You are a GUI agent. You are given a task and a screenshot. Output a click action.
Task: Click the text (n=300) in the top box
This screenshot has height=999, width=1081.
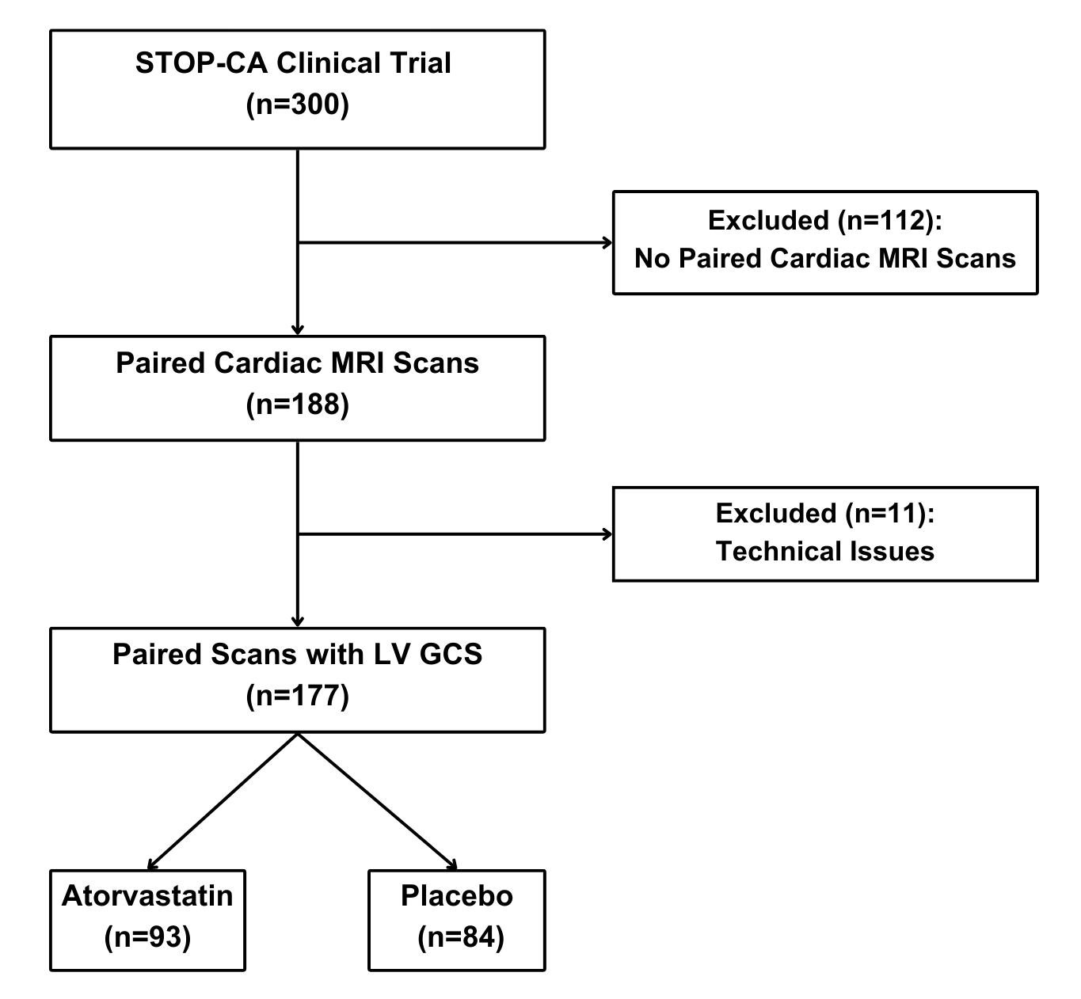coord(297,104)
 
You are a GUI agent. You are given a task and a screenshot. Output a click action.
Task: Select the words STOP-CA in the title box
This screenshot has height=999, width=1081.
coord(201,63)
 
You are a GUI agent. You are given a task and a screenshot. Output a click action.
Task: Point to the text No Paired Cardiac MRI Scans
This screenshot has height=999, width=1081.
coord(825,258)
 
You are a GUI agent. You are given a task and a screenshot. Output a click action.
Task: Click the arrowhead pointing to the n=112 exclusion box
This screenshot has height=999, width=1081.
coord(608,243)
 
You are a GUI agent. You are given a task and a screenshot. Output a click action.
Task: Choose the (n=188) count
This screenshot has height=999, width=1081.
coord(297,405)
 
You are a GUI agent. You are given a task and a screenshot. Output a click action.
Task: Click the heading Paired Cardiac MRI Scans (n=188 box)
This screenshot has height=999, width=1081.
coord(297,363)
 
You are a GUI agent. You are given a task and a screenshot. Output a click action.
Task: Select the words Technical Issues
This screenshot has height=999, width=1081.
coord(825,551)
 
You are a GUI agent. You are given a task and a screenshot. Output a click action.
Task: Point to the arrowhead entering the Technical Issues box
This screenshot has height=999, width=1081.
coord(608,534)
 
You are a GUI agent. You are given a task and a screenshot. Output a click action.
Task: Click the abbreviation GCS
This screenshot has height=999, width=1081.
coord(451,654)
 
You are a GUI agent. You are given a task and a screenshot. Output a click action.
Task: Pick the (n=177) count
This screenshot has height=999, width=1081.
coord(297,695)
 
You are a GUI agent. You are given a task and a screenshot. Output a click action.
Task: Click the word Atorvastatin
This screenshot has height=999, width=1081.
coord(147,895)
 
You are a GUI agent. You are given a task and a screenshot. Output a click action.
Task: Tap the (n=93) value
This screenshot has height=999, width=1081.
coord(147,937)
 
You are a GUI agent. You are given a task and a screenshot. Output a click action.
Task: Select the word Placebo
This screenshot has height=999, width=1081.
coord(457,895)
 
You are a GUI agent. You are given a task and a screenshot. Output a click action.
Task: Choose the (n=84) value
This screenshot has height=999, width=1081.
coord(461,937)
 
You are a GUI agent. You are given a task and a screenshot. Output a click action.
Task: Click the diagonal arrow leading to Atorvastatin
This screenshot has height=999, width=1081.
coord(223,801)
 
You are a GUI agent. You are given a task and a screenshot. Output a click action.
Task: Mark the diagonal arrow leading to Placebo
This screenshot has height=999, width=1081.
coord(377,801)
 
